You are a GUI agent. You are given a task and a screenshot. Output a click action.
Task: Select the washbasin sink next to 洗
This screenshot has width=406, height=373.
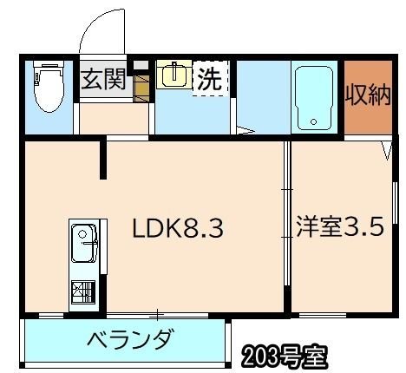(173, 75)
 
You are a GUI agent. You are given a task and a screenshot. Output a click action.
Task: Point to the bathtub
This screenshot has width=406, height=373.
(316, 96)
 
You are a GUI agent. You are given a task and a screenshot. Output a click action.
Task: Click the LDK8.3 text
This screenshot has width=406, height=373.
(179, 230)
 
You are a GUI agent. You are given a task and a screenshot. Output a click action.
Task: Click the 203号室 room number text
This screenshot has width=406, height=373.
(284, 355)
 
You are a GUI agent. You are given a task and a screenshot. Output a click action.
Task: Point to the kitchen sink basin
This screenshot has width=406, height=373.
(83, 237)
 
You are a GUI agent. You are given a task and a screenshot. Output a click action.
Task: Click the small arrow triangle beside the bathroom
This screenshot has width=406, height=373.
(246, 131)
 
